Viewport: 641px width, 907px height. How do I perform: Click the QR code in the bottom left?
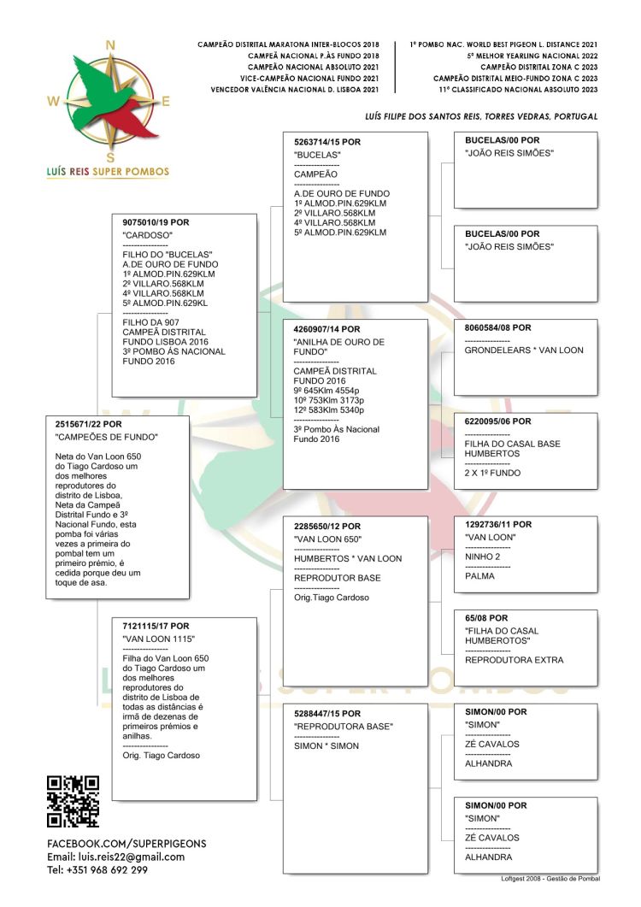pos(73,801)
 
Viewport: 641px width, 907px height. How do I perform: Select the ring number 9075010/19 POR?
pos(156,222)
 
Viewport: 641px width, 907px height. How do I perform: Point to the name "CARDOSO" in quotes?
pos(148,234)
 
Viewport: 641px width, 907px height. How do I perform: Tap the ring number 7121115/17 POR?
pos(156,627)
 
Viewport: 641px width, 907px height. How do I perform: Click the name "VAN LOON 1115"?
pos(159,639)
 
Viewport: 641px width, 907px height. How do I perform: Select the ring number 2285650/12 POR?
pos(327,527)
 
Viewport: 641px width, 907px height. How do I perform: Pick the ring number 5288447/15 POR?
pos(327,714)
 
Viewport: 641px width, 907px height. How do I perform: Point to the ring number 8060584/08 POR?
pos(498,327)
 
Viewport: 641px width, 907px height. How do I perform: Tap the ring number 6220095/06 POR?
pos(498,421)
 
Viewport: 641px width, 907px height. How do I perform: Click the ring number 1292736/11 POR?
pos(498,524)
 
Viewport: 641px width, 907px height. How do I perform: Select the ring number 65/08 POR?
pos(486,618)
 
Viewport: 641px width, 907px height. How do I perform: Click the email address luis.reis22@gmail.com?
pos(115,857)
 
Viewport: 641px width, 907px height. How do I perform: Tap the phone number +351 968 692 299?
pos(97,870)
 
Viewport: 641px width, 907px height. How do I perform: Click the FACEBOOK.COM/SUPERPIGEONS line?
pos(126,844)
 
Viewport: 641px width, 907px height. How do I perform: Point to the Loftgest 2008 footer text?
pos(550,879)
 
